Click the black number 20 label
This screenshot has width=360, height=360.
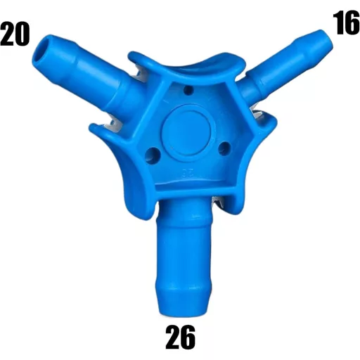(15, 34)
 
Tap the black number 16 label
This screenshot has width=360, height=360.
(346, 22)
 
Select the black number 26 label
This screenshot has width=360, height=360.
(180, 338)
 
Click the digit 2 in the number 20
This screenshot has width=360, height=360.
(8, 34)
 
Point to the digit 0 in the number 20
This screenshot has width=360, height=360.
(22, 34)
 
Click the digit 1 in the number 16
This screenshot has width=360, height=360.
(338, 22)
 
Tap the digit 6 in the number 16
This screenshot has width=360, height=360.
(352, 22)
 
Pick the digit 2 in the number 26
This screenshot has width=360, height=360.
(172, 338)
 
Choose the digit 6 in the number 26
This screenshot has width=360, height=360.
(188, 338)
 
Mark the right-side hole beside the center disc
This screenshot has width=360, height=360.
(224, 148)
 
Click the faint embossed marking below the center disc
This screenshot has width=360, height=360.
(186, 171)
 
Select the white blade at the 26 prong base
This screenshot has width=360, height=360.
(219, 203)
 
